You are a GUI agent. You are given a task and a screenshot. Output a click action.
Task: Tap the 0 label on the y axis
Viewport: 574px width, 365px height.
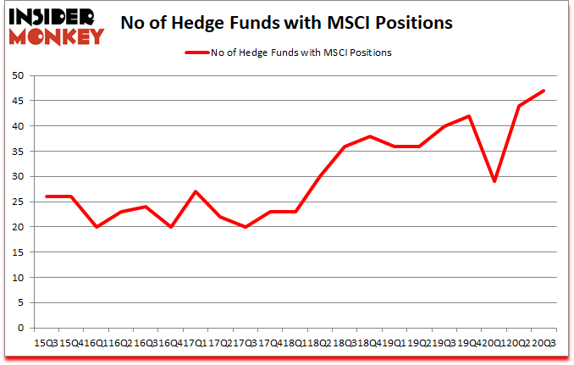[x=19, y=329]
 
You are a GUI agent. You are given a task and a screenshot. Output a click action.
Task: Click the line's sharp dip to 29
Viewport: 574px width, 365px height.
[x=494, y=181]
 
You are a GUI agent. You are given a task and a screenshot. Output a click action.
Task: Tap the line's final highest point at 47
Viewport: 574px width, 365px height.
[x=544, y=91]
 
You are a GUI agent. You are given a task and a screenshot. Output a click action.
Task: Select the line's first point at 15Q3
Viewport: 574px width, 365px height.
[x=46, y=196]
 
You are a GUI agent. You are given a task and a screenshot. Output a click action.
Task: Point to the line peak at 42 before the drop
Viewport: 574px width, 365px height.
[x=469, y=116]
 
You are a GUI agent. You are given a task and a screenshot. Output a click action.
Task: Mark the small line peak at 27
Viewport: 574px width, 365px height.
[x=195, y=191]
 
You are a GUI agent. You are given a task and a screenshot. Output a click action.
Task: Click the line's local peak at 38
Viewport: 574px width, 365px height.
[x=369, y=136]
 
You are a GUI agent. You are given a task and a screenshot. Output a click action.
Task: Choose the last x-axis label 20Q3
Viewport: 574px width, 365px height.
[x=544, y=342]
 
